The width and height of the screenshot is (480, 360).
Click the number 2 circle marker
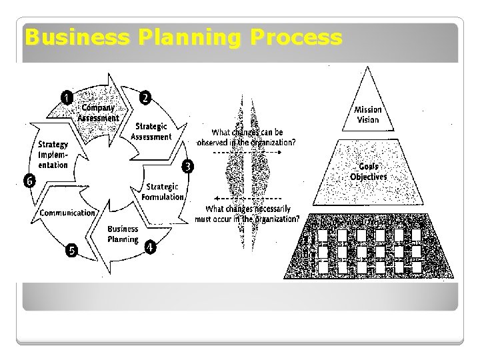click(x=144, y=97)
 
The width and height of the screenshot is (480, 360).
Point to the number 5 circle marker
click(x=71, y=251)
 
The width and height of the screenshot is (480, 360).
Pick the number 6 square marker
click(x=29, y=181)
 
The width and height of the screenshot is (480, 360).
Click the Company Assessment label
click(x=98, y=113)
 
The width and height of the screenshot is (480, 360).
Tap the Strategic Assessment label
click(x=151, y=131)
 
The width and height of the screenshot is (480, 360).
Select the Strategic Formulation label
click(x=163, y=191)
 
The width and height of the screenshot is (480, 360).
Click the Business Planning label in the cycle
click(x=123, y=234)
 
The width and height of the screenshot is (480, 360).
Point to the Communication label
click(x=67, y=213)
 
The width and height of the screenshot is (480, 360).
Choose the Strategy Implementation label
click(x=53, y=155)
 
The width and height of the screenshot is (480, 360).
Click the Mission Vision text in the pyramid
click(x=368, y=115)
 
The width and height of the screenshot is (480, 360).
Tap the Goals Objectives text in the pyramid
click(x=368, y=172)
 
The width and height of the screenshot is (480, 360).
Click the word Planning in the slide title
click(x=179, y=37)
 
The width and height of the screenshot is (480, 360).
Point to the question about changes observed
click(x=246, y=137)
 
